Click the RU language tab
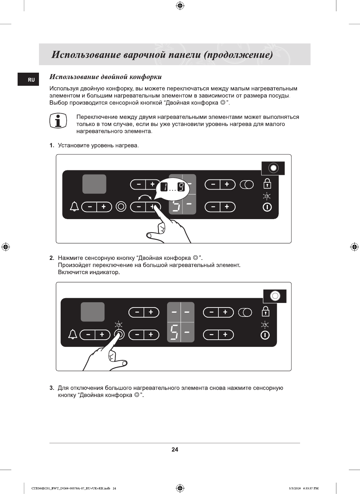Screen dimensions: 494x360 pyautogui.click(x=31, y=80)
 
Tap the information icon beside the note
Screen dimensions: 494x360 pyautogui.click(x=58, y=121)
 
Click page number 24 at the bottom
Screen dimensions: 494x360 pyautogui.click(x=175, y=449)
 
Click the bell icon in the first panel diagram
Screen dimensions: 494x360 pyautogui.click(x=75, y=206)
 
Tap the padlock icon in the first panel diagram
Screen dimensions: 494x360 pyautogui.click(x=267, y=184)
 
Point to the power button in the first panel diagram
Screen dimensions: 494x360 pyautogui.click(x=267, y=207)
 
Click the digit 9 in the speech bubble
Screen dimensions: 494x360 pyautogui.click(x=181, y=187)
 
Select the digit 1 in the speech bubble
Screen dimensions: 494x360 pyautogui.click(x=164, y=187)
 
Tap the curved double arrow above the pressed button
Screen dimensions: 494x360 pyautogui.click(x=145, y=197)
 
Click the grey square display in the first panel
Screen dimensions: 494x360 pyautogui.click(x=94, y=184)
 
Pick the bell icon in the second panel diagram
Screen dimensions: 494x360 pyautogui.click(x=73, y=334)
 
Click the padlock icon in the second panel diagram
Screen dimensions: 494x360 pyautogui.click(x=265, y=311)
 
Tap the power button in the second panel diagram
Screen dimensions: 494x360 pyautogui.click(x=265, y=335)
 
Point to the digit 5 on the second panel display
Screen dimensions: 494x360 pyautogui.click(x=174, y=332)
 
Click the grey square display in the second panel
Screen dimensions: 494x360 pyautogui.click(x=93, y=312)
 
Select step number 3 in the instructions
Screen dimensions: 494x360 pyautogui.click(x=52, y=388)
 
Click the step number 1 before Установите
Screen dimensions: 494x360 pyautogui.click(x=52, y=145)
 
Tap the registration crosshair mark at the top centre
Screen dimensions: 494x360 pyautogui.click(x=180, y=6)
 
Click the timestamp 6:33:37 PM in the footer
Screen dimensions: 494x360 pyautogui.click(x=311, y=488)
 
